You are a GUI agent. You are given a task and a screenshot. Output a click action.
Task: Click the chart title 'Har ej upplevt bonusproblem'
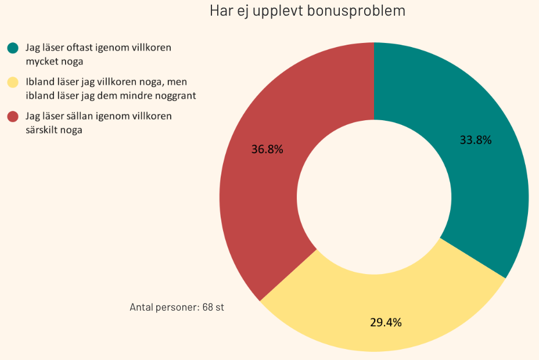(307, 11)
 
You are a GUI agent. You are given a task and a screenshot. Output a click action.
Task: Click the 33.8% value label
(476, 139)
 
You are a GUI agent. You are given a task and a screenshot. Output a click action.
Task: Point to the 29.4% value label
(386, 322)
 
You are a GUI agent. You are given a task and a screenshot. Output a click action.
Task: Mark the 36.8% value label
(267, 149)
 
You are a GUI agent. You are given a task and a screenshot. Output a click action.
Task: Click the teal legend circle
(13, 48)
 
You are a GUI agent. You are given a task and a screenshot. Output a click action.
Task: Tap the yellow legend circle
(13, 82)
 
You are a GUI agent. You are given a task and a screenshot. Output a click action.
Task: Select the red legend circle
(13, 117)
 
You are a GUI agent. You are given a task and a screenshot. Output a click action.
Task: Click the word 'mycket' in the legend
(40, 62)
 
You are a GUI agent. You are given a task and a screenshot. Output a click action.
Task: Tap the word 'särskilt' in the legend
(41, 130)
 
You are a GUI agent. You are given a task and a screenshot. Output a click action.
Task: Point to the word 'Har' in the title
(220, 11)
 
